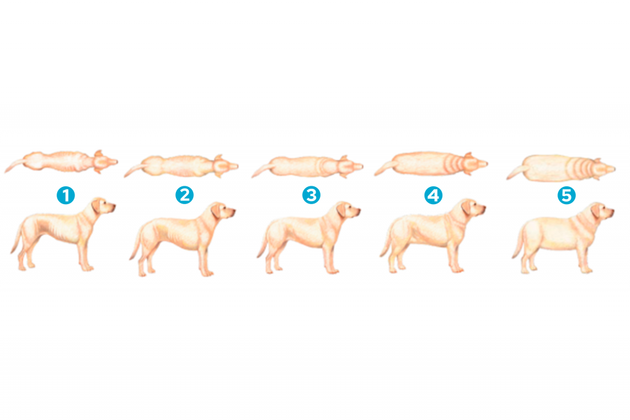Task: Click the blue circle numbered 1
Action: click(x=65, y=196)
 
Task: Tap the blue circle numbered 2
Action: click(x=184, y=196)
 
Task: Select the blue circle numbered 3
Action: click(x=311, y=196)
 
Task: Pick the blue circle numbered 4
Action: click(x=433, y=196)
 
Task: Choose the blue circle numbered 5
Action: click(x=566, y=196)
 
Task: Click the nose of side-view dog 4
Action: click(x=484, y=208)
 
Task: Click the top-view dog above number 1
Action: click(x=62, y=162)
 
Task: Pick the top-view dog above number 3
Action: click(x=308, y=165)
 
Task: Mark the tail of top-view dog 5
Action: click(x=516, y=172)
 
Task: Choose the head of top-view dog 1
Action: click(x=106, y=161)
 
